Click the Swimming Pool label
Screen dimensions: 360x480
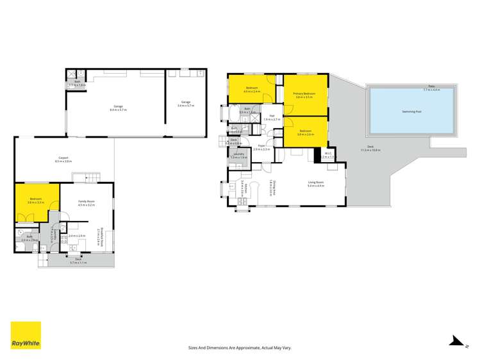click(411, 111)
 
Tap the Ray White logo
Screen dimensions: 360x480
click(26, 336)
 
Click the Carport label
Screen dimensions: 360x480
click(63, 157)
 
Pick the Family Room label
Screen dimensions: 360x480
click(86, 201)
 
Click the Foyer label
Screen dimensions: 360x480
click(261, 145)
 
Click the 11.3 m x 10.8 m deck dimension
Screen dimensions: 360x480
click(370, 150)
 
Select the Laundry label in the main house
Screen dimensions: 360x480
click(238, 154)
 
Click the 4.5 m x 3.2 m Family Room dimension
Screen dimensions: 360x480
click(86, 205)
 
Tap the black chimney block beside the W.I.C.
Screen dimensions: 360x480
click(317, 154)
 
